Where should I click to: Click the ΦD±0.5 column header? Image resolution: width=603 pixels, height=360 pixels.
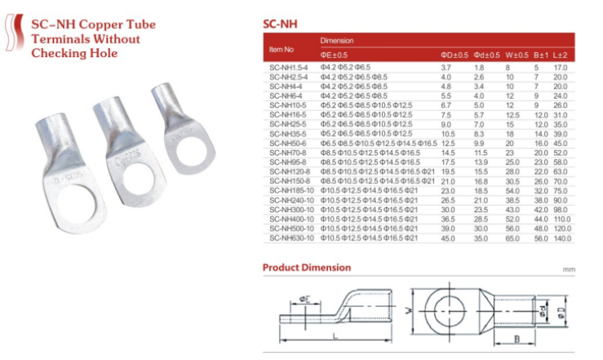(x=454, y=55)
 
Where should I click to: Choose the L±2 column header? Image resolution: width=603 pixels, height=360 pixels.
(x=561, y=55)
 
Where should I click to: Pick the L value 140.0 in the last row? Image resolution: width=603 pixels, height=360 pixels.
(x=562, y=238)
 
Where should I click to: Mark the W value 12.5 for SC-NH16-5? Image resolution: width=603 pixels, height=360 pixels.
(x=512, y=114)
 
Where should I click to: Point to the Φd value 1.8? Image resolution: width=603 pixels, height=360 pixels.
(x=479, y=67)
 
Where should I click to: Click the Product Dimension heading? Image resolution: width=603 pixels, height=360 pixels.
(x=306, y=267)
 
